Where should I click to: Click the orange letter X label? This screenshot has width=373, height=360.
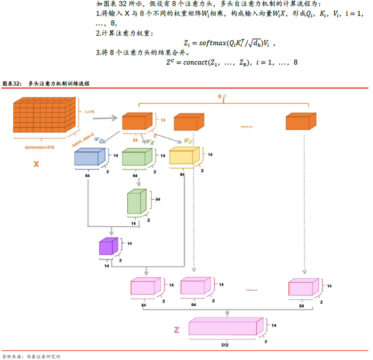click(x=36, y=165)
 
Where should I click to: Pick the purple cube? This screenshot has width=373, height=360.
click(x=108, y=247)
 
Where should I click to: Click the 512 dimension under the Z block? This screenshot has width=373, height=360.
click(x=225, y=345)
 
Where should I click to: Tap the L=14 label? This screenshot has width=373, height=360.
click(x=89, y=112)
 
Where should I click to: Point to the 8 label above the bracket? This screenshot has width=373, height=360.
click(x=220, y=96)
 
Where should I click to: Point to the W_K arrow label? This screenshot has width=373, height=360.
click(x=150, y=142)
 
